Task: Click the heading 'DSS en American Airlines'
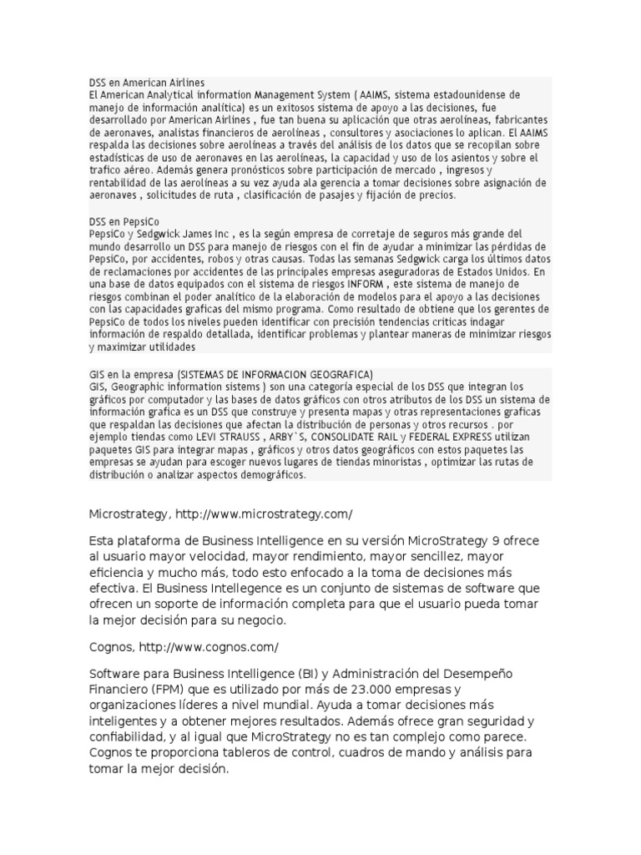[x=147, y=83]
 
